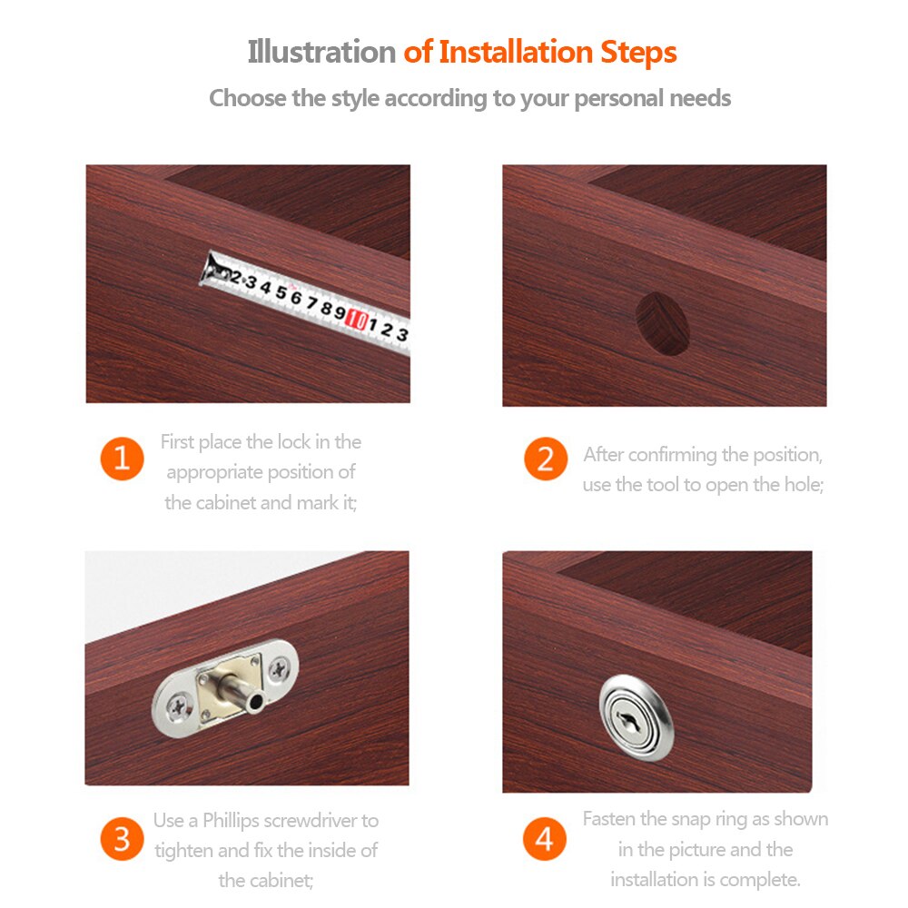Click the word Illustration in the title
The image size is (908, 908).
(x=321, y=52)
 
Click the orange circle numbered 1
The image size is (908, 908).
(x=122, y=458)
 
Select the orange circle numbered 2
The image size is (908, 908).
(x=546, y=458)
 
